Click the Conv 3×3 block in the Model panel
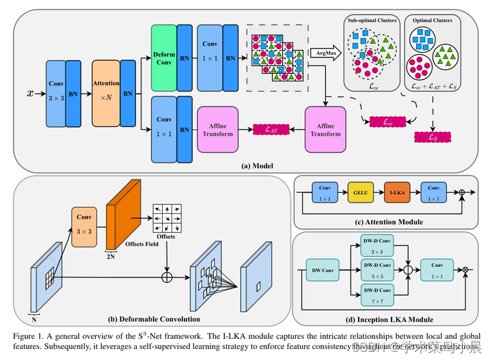coord(56,93)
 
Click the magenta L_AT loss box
coord(262,128)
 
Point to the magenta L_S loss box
coord(432,137)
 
